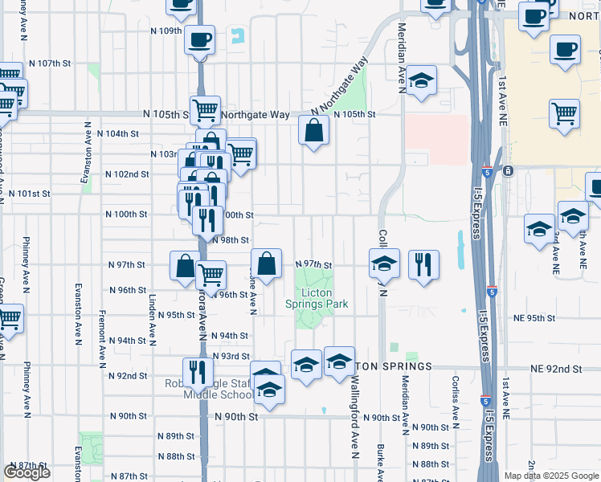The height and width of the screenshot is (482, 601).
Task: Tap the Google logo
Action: [x=27, y=472]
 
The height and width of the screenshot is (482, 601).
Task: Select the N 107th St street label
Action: [x=50, y=63]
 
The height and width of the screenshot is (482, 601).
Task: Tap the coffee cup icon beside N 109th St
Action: [x=199, y=38]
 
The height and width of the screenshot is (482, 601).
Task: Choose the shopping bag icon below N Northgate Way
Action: [x=313, y=129]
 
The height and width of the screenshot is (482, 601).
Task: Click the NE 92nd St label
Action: [x=556, y=369]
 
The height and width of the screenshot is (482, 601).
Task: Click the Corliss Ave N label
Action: [x=456, y=399]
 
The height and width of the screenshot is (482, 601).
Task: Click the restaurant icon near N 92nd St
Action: [x=195, y=371]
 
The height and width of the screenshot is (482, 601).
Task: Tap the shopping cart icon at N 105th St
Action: [x=205, y=109]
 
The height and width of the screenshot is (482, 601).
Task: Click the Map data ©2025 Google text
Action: [x=550, y=476]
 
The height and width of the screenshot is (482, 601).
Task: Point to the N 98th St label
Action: [x=230, y=240]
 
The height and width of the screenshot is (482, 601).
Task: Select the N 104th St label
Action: [x=117, y=133]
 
